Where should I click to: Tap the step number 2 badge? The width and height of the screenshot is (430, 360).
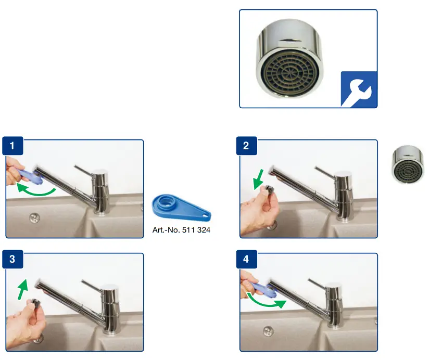[246, 146]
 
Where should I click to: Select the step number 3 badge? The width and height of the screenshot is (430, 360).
[12, 260]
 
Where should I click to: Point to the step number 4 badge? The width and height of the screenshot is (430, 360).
[246, 260]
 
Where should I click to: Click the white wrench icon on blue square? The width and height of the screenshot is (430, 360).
[359, 89]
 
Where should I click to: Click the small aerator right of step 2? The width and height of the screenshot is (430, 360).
[409, 164]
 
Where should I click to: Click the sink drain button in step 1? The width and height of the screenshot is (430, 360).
[34, 217]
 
